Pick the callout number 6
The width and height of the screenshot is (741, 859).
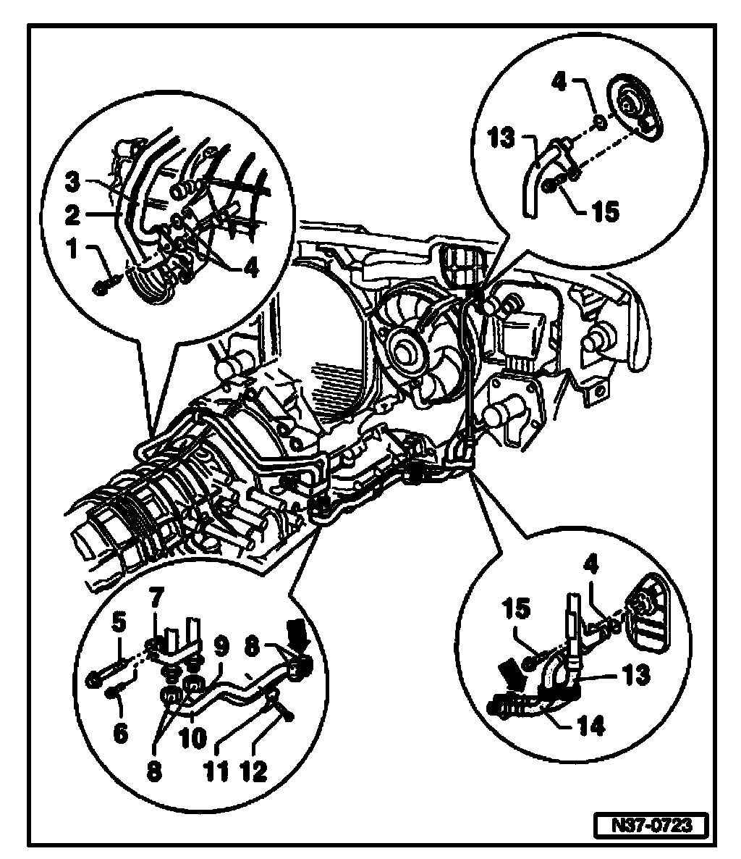pos(120,733)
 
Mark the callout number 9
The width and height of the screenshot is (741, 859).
pos(221,643)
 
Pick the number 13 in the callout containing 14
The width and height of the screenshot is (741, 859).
pos(636,675)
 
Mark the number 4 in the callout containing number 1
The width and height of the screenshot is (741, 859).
pos(250,267)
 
